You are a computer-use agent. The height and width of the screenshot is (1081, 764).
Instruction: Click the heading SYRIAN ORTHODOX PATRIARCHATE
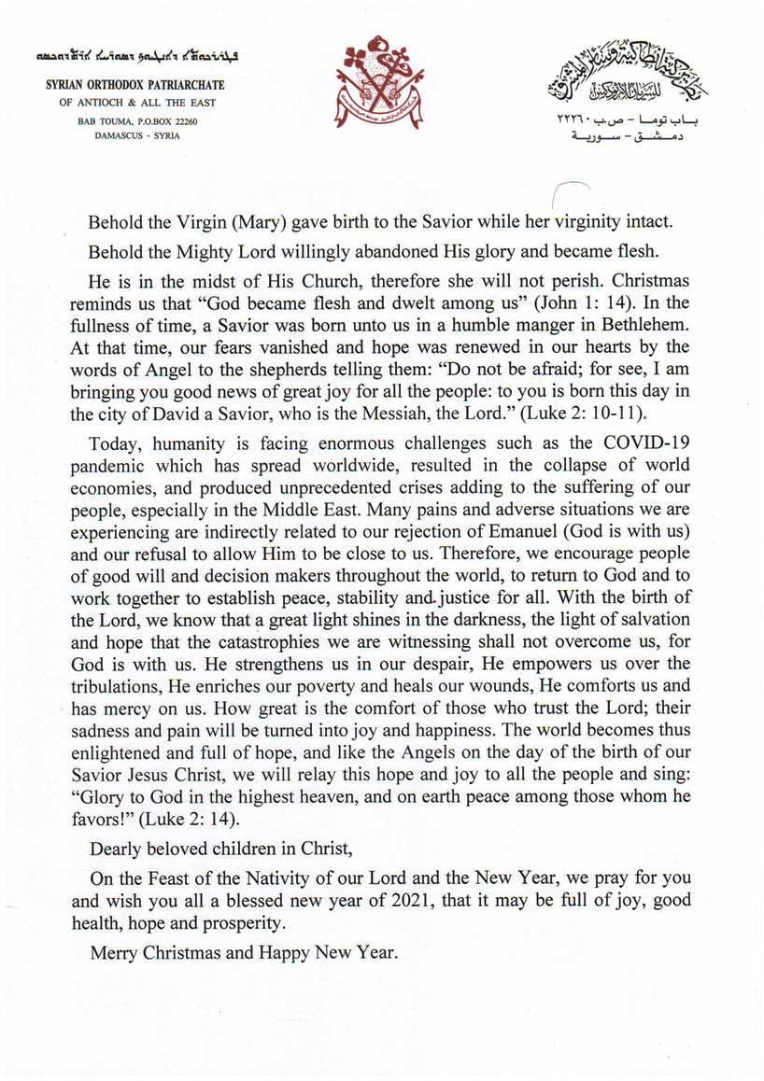tap(135, 86)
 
